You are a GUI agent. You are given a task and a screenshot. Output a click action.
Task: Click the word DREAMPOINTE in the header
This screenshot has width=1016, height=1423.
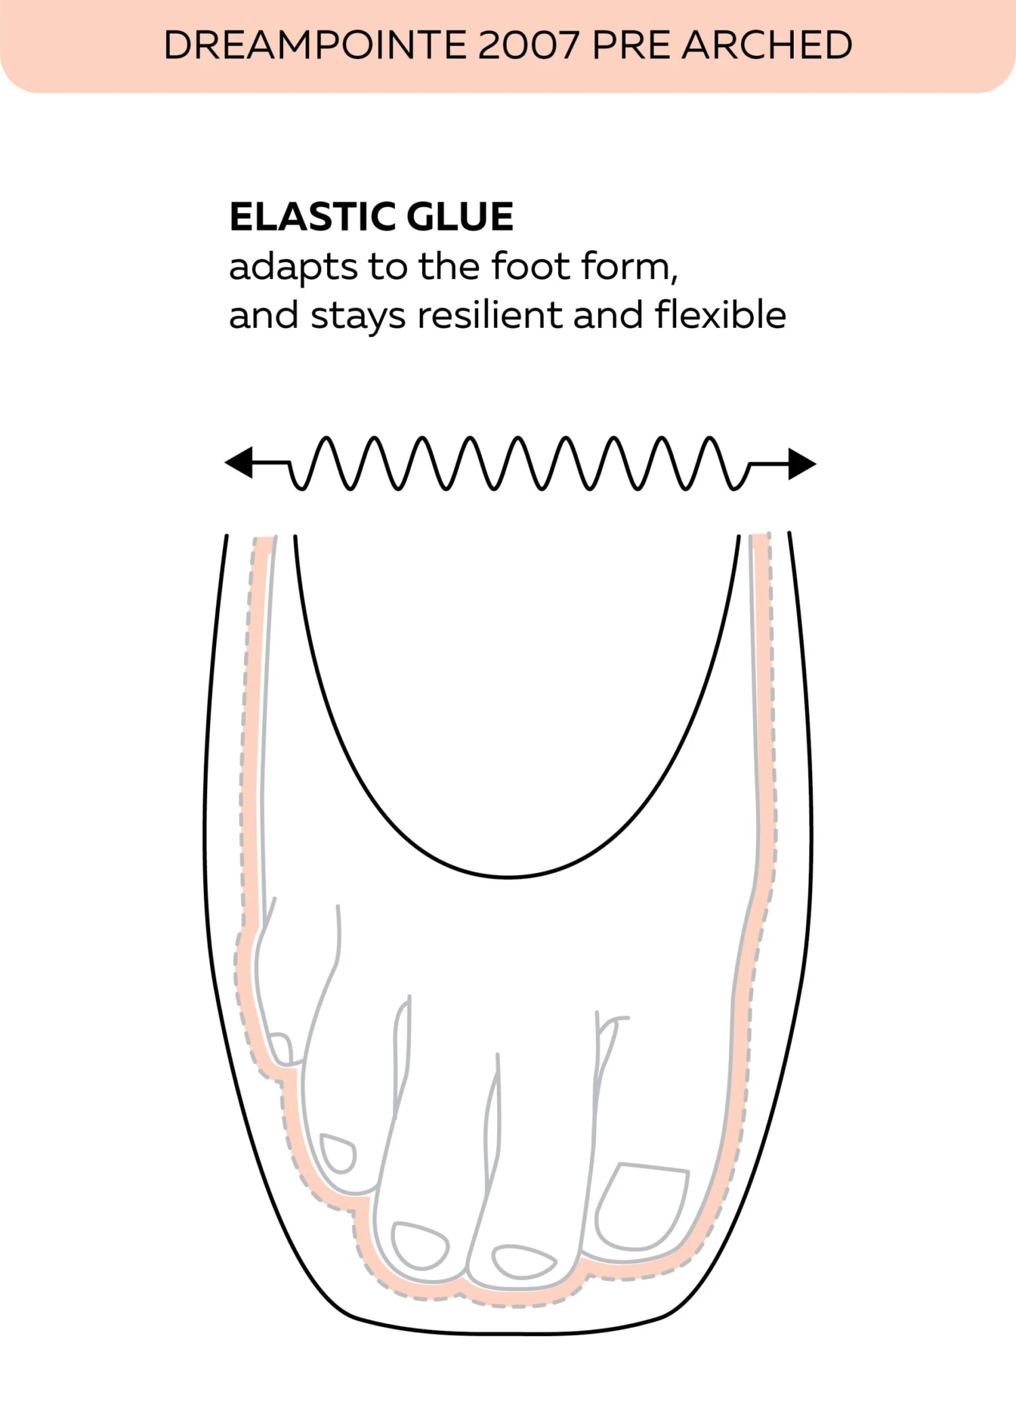pos(316,45)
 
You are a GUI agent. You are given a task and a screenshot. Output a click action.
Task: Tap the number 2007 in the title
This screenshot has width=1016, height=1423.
pos(528,45)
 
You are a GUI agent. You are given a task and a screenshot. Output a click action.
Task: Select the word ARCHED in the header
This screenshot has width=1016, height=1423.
pos(767,45)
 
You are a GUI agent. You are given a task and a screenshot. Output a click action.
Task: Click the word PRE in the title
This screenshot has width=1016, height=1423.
pos(631,45)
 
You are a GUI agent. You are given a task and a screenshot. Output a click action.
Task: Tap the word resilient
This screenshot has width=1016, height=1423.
pos(489,315)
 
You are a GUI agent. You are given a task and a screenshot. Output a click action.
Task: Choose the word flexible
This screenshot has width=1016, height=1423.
pos(720,315)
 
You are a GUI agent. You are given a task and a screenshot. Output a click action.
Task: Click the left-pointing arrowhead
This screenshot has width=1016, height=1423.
pos(239,463)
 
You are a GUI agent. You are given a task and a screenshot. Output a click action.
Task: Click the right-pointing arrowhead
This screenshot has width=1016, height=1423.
pos(802,464)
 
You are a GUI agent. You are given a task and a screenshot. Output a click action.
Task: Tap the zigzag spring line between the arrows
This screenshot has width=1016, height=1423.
pos(518,463)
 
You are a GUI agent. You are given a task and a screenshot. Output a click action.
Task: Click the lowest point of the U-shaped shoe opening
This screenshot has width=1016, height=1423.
pos(508,877)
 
